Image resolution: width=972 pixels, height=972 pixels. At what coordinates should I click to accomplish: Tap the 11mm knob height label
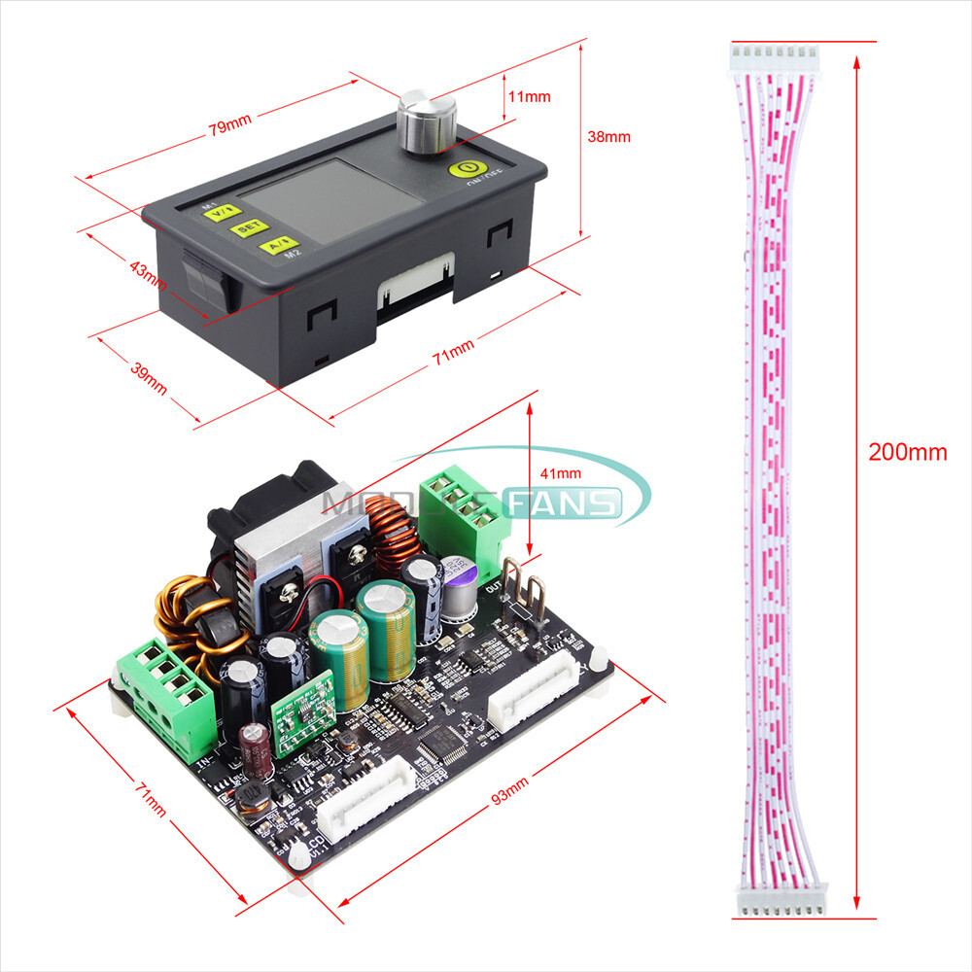point(530,96)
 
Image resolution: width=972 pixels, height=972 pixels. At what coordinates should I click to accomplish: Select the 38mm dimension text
point(609,137)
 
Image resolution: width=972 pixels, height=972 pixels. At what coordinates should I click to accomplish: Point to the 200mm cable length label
point(908,452)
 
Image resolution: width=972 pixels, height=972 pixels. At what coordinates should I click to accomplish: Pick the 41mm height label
point(561,473)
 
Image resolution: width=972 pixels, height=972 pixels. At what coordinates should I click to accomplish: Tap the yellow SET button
point(248,227)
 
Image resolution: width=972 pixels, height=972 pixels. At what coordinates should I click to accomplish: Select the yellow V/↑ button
point(226,209)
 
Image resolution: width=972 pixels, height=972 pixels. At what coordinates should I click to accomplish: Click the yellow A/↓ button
point(276,244)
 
